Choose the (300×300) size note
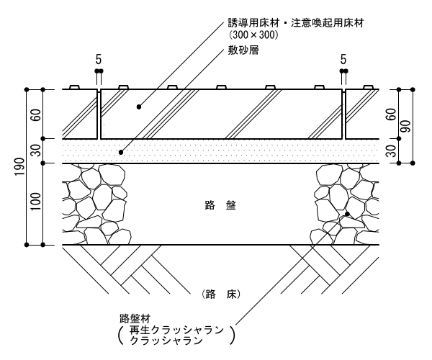[253, 34]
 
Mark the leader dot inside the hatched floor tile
[139, 107]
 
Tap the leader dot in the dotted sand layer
[122, 152]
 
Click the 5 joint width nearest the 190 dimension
[99, 57]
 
